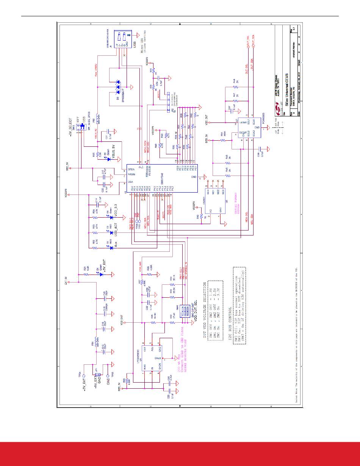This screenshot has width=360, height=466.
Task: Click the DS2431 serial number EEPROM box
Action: coord(215,201)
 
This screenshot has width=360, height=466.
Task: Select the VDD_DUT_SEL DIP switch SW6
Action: coord(185,311)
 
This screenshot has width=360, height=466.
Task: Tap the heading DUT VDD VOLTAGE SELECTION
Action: coord(205,303)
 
